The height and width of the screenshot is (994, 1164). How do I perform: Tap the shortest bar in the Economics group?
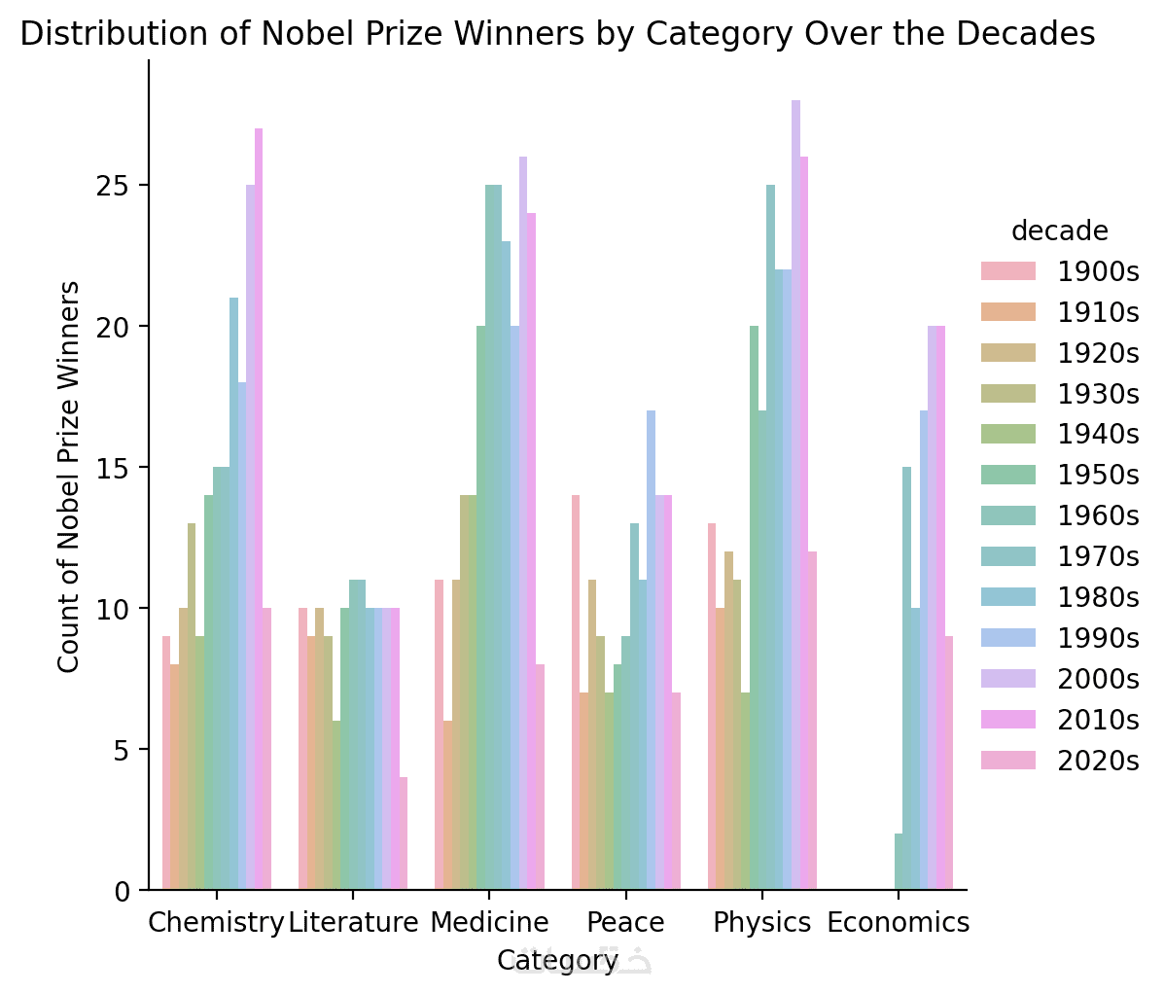pyautogui.click(x=899, y=861)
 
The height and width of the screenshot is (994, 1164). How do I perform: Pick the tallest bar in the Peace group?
pyautogui.click(x=651, y=650)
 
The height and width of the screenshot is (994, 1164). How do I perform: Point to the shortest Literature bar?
pyautogui.click(x=404, y=833)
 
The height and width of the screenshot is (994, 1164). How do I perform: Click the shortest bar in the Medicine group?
pyautogui.click(x=446, y=804)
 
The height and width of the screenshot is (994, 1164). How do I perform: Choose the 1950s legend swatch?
pyautogui.click(x=1009, y=475)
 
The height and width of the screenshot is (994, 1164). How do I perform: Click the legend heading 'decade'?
pyautogui.click(x=1059, y=231)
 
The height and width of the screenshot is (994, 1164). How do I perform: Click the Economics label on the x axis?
pyautogui.click(x=899, y=923)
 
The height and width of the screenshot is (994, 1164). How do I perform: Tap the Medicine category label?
pyautogui.click(x=489, y=923)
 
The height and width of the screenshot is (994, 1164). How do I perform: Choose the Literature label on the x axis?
pyautogui.click(x=353, y=923)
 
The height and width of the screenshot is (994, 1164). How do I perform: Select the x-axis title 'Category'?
pyautogui.click(x=557, y=961)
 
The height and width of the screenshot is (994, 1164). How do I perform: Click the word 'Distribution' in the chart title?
pyautogui.click(x=92, y=35)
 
